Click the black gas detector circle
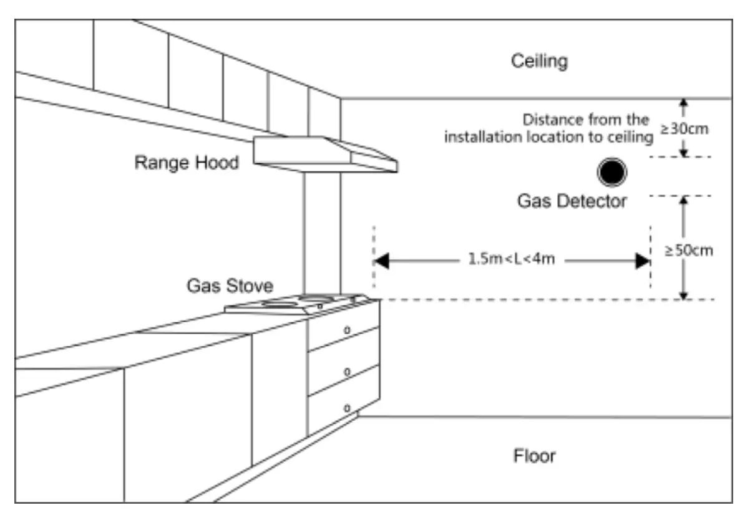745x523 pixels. (x=611, y=172)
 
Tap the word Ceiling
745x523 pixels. (x=539, y=61)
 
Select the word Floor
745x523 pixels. (x=534, y=456)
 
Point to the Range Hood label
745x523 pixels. (x=187, y=163)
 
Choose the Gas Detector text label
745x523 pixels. (x=572, y=201)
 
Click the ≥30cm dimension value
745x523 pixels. (x=686, y=130)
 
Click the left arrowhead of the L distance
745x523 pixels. (x=381, y=261)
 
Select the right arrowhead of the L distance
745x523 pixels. (x=642, y=261)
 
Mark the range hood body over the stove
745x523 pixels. (x=324, y=155)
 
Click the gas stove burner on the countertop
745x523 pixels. (x=281, y=304)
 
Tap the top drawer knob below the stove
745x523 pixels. (x=348, y=329)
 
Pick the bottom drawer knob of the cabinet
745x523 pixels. (x=348, y=408)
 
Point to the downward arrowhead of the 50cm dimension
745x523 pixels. (x=684, y=294)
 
